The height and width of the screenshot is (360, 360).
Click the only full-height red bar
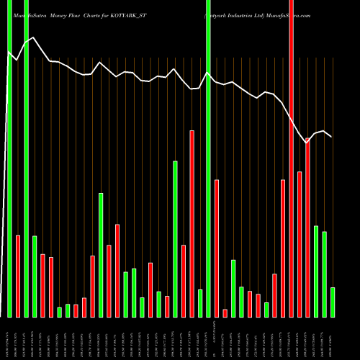coord(291,158)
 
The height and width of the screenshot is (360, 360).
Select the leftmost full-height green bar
coord(9,158)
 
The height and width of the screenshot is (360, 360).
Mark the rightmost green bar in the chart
coord(333,302)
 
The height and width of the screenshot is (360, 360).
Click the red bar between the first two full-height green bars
coord(18,276)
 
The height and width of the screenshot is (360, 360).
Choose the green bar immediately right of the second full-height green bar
coord(35,276)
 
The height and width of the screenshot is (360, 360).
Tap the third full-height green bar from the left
coord(208,158)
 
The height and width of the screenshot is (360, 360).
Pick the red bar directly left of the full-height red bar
coord(283,248)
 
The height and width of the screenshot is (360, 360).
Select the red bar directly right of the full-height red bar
coord(300,244)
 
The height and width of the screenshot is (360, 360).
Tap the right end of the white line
coord(331,137)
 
